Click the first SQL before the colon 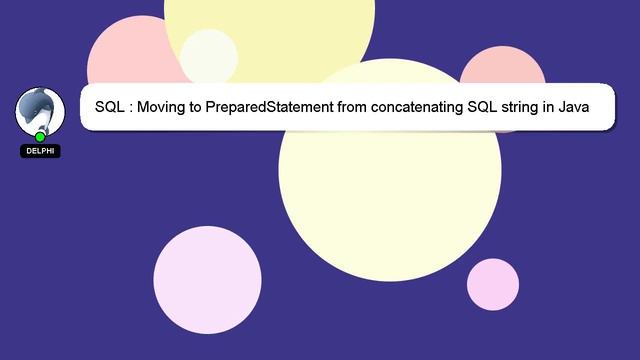tap(110, 106)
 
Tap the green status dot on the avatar tap(40, 137)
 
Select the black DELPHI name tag tap(40, 151)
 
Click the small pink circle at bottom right tap(493, 284)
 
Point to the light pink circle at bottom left tap(207, 280)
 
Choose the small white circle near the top tap(208, 56)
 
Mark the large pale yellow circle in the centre tap(390, 190)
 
